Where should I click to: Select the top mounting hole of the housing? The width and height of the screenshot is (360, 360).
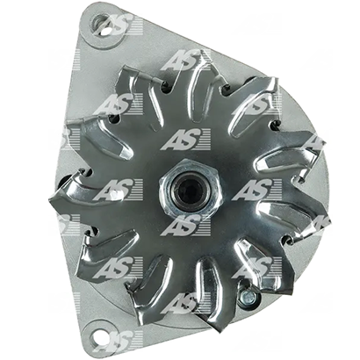(x=100, y=23)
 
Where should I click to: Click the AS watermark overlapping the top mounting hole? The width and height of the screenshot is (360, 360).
(x=119, y=25)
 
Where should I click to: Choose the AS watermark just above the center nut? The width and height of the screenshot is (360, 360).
(x=185, y=139)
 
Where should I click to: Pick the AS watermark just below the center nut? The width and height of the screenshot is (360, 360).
(x=185, y=225)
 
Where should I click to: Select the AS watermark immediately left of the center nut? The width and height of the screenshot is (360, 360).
(x=119, y=190)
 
